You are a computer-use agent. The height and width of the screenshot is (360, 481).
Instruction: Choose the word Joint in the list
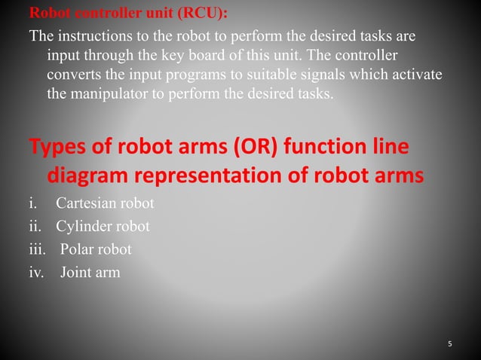point(75,272)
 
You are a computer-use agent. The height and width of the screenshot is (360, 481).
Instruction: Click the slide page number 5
point(450,344)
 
